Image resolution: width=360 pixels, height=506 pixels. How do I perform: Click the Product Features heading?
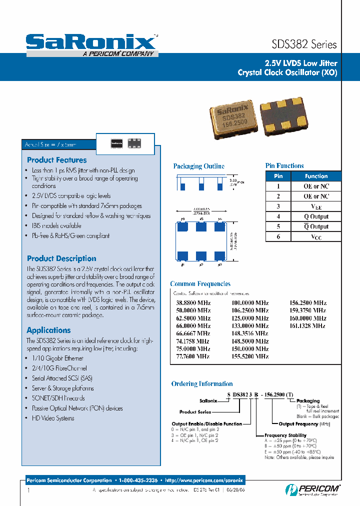pos(56,160)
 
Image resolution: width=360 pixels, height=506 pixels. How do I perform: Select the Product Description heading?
pos(61,258)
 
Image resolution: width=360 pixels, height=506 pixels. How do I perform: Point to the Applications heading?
pos(48,330)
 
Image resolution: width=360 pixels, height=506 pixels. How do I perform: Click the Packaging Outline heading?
pos(198,166)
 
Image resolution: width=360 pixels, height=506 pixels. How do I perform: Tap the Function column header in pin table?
pos(316,176)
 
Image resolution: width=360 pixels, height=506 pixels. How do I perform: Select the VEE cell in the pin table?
pos(316,206)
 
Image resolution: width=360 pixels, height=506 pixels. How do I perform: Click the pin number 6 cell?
pos(278,236)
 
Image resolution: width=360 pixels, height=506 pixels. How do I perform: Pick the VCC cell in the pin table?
pos(316,236)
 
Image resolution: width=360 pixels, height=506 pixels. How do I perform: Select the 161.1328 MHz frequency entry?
pos(308,325)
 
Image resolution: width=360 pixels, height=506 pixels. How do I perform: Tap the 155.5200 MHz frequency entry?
pos(249,356)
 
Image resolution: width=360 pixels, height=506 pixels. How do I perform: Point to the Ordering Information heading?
pos(202,384)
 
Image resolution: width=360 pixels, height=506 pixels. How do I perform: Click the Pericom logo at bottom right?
pos(313,489)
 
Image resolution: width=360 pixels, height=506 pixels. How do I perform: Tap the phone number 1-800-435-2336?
pos(138,480)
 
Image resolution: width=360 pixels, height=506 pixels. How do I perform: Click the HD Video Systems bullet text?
pos(53,418)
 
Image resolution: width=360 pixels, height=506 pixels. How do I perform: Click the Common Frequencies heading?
pos(200,283)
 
